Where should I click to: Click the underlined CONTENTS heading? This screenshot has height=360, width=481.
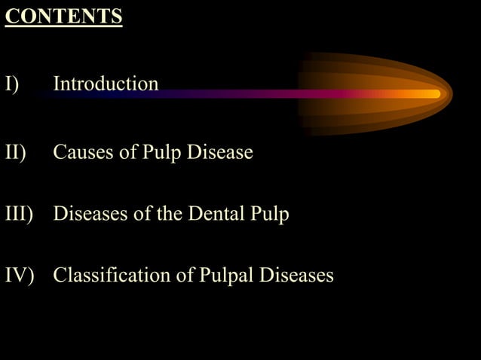63,17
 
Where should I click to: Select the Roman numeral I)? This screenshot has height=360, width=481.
13,84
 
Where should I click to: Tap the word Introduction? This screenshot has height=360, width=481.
106,84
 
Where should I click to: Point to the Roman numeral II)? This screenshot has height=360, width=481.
16,153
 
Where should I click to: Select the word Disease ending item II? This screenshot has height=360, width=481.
219,153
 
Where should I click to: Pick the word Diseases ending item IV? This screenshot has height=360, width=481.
296,276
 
